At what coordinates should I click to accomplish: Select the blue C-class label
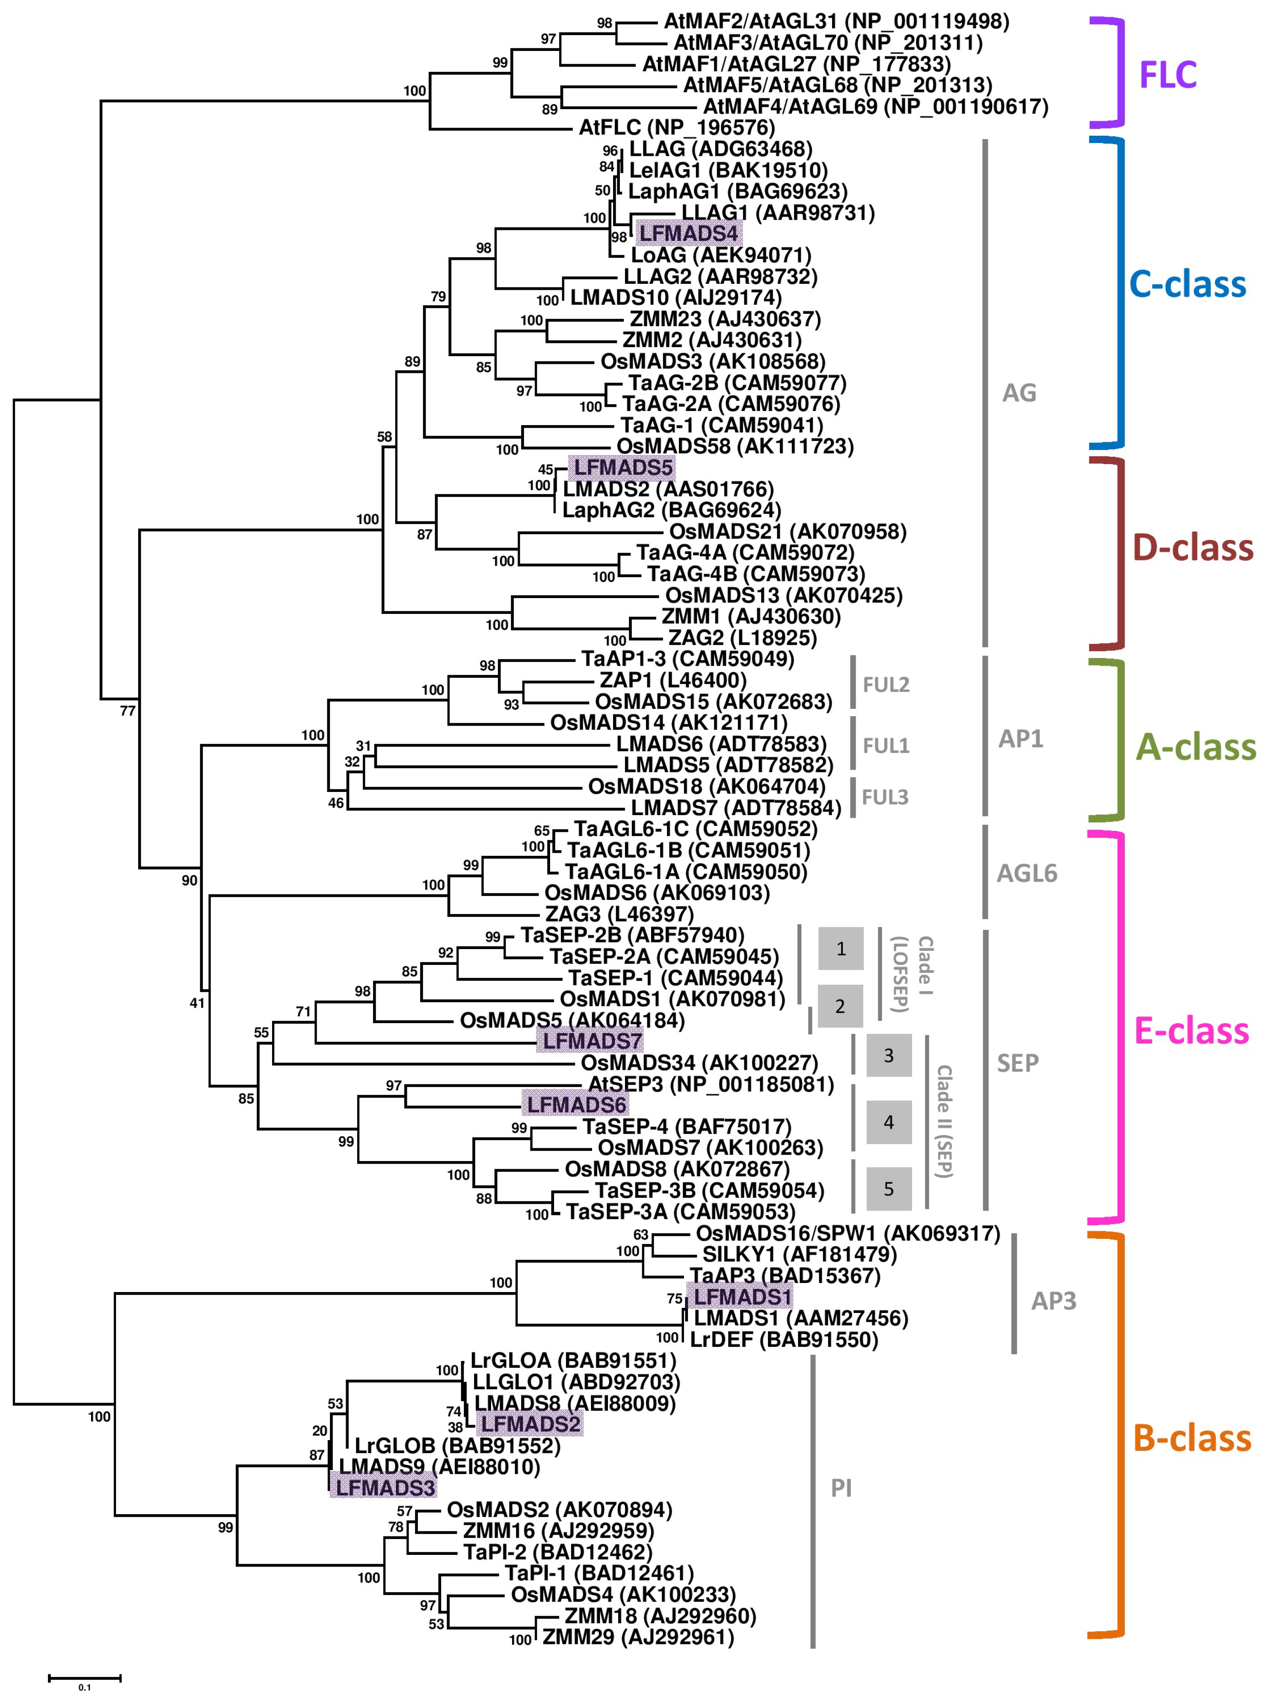(1188, 284)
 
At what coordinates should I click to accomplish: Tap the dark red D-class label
(1192, 548)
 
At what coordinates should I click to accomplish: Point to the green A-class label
(1194, 747)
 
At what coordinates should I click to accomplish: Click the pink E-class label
(1191, 1031)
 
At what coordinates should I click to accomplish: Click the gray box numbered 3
(888, 1056)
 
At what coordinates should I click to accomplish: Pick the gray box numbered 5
(888, 1189)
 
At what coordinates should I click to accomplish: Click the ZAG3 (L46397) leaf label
(619, 914)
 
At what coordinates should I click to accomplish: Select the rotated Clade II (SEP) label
(944, 1121)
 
